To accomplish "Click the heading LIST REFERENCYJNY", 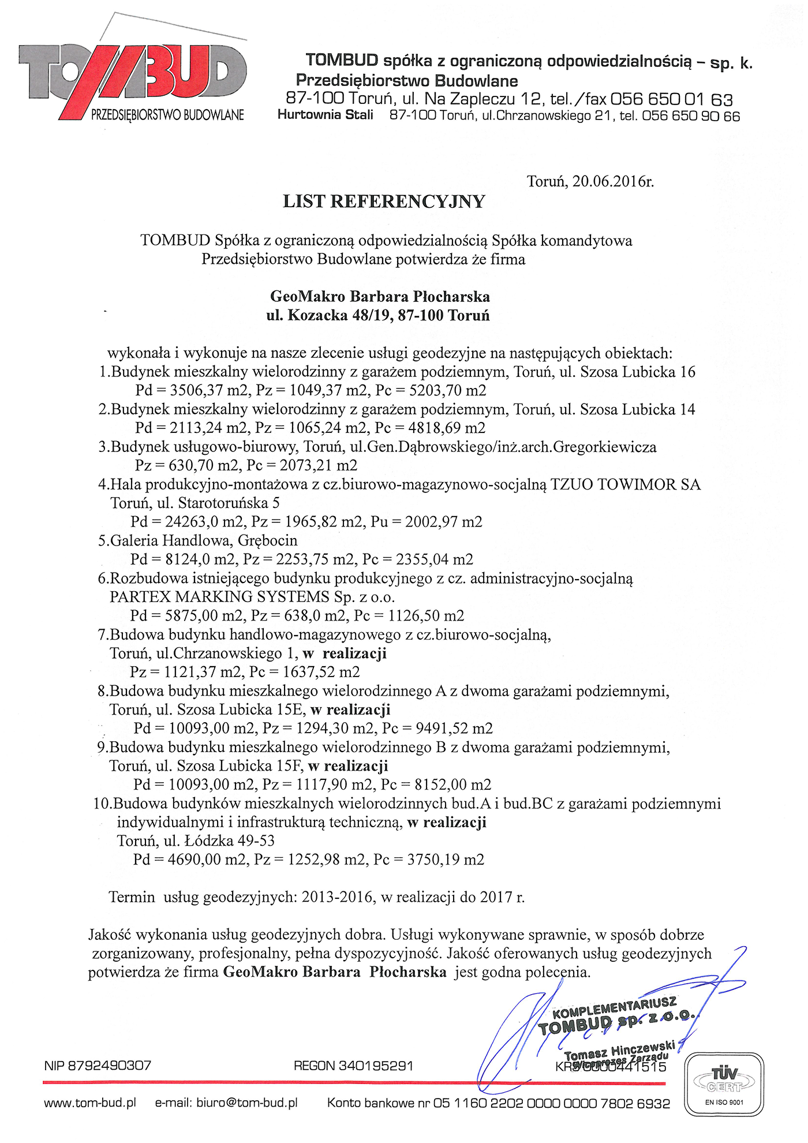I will (x=384, y=201).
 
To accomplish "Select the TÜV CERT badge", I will (x=724, y=1084).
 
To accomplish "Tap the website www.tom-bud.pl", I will (x=90, y=1103).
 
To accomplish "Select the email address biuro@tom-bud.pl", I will (x=247, y=1103).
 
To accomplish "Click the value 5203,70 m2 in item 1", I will (x=447, y=390).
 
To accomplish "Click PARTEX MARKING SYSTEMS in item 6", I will (x=219, y=596).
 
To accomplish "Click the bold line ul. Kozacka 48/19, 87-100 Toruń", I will (x=378, y=316).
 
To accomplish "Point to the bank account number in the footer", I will (x=551, y=1103).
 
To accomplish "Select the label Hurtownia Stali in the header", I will (x=325, y=115).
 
